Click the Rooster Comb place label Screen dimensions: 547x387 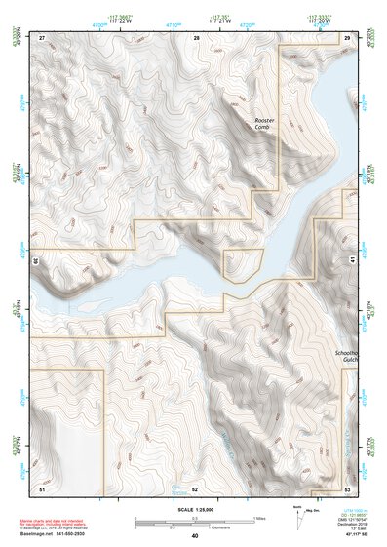pos(262,123)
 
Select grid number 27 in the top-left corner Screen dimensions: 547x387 pos(42,37)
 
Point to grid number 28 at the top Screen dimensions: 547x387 pos(196,37)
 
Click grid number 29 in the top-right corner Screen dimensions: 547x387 pos(346,37)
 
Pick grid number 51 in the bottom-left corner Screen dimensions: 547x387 pos(42,488)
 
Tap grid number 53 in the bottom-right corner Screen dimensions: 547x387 pos(347,488)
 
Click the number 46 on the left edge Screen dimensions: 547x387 pos(35,261)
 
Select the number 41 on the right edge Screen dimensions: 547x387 pos(353,261)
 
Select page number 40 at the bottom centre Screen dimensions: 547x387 pos(194,536)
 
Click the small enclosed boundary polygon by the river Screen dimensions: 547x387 pos(243,264)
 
